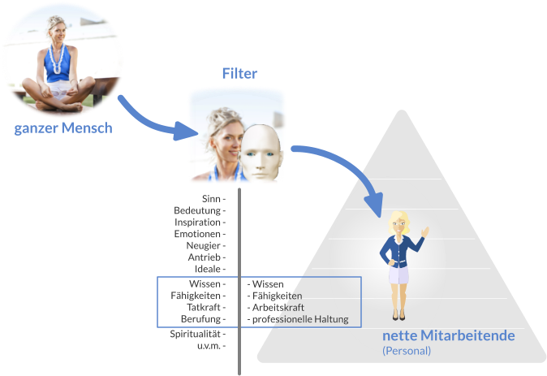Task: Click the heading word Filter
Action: [239, 74]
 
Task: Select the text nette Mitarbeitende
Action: [448, 335]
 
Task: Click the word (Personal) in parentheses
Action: [406, 351]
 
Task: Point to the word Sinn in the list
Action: [210, 198]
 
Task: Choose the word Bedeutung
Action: [197, 210]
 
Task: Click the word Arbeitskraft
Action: [277, 308]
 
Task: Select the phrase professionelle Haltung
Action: [299, 319]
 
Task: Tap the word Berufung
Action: [200, 319]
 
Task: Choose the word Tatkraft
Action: [202, 308]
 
